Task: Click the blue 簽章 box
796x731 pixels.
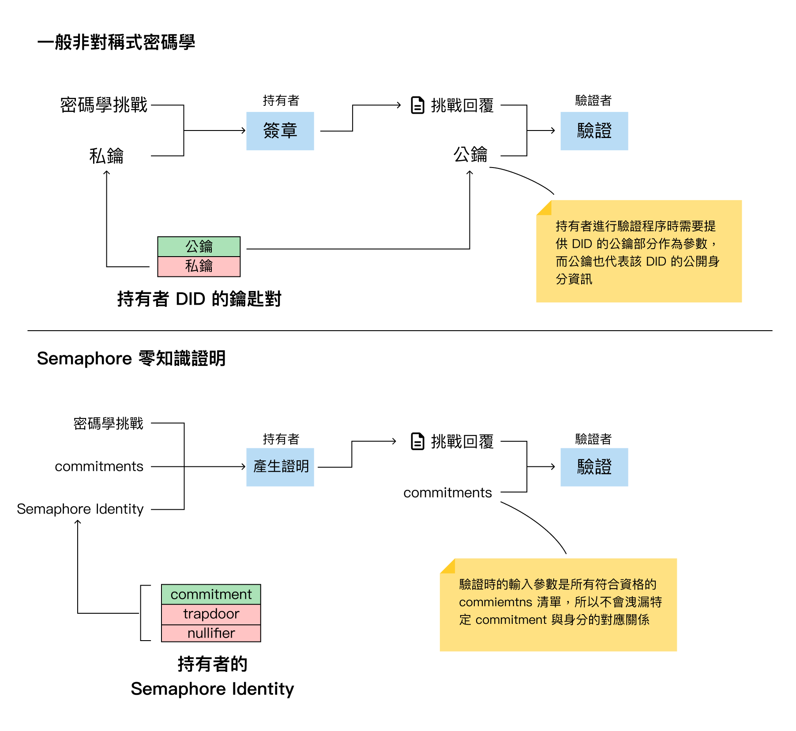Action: pyautogui.click(x=280, y=131)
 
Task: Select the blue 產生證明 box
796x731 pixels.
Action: pyautogui.click(x=280, y=467)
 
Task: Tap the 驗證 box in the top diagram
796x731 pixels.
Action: pyautogui.click(x=594, y=131)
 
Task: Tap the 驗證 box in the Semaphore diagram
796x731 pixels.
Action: pyautogui.click(x=594, y=467)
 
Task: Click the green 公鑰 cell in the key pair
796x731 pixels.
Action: pyautogui.click(x=199, y=246)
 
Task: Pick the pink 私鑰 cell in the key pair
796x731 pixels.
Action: pyautogui.click(x=199, y=266)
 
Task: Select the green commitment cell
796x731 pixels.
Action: pyautogui.click(x=211, y=594)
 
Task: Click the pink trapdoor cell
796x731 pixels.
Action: pyautogui.click(x=211, y=614)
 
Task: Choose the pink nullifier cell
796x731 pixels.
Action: pyautogui.click(x=211, y=633)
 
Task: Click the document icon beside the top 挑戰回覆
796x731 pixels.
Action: pyautogui.click(x=417, y=105)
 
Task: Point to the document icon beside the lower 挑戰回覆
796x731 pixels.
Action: pyautogui.click(x=417, y=441)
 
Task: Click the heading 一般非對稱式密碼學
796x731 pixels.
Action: pyautogui.click(x=116, y=42)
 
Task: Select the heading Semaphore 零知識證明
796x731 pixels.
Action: pyautogui.click(x=131, y=358)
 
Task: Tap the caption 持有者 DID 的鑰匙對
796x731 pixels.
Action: pyautogui.click(x=199, y=299)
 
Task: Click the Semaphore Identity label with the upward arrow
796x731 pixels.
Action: pyautogui.click(x=80, y=509)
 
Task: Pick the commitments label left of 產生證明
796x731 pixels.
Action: pyautogui.click(x=99, y=466)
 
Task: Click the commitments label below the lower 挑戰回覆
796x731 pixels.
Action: pyautogui.click(x=447, y=492)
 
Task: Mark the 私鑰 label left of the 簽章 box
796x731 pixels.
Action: pyautogui.click(x=106, y=156)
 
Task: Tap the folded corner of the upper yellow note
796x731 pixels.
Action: pyautogui.click(x=544, y=208)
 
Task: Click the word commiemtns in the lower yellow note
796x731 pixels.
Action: pyautogui.click(x=495, y=602)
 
